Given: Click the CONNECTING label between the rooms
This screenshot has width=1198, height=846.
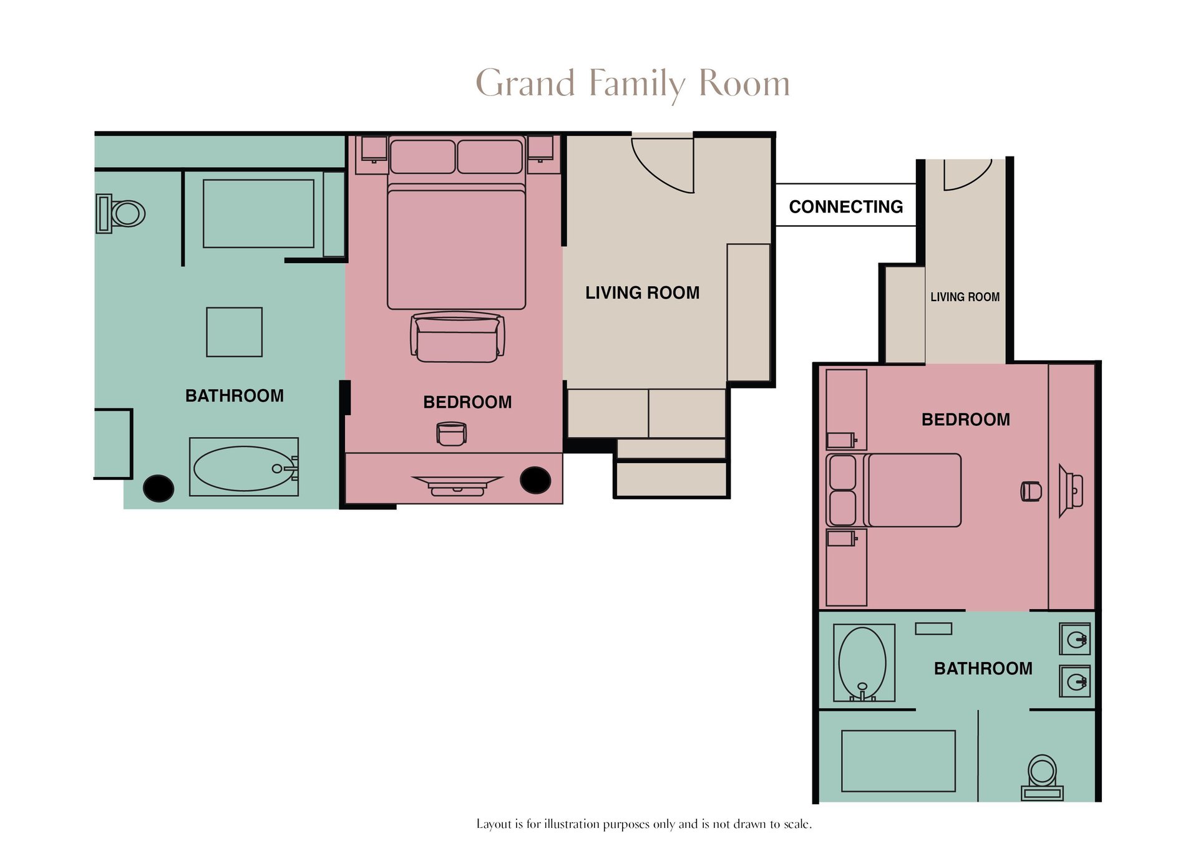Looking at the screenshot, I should click(845, 206).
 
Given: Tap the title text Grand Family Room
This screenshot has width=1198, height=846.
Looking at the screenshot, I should click(633, 84).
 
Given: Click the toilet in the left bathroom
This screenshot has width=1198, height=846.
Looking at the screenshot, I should click(121, 213).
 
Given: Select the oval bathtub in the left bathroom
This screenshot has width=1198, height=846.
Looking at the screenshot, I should click(243, 468).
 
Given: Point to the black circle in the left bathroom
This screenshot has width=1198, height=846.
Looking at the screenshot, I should click(158, 488).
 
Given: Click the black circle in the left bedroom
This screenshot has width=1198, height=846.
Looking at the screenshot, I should click(535, 480).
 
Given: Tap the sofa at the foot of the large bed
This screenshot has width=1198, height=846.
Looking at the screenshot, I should click(457, 337).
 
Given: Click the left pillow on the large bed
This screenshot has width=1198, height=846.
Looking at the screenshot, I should click(422, 156).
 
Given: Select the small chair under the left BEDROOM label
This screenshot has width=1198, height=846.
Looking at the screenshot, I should click(451, 433).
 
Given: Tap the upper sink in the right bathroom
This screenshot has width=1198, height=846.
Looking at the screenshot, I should click(1075, 639).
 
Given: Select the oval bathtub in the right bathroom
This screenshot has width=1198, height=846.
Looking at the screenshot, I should click(862, 663).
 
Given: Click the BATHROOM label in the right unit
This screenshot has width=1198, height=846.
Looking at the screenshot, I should click(983, 668).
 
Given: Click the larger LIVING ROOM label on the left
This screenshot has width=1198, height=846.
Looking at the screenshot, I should click(642, 292).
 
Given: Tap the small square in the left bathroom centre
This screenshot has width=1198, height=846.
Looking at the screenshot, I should click(234, 332).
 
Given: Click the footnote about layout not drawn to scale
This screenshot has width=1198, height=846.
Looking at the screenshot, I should click(644, 824).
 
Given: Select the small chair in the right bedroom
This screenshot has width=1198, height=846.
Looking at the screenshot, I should click(1031, 491).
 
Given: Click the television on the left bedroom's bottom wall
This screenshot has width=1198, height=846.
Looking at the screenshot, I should click(457, 485).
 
